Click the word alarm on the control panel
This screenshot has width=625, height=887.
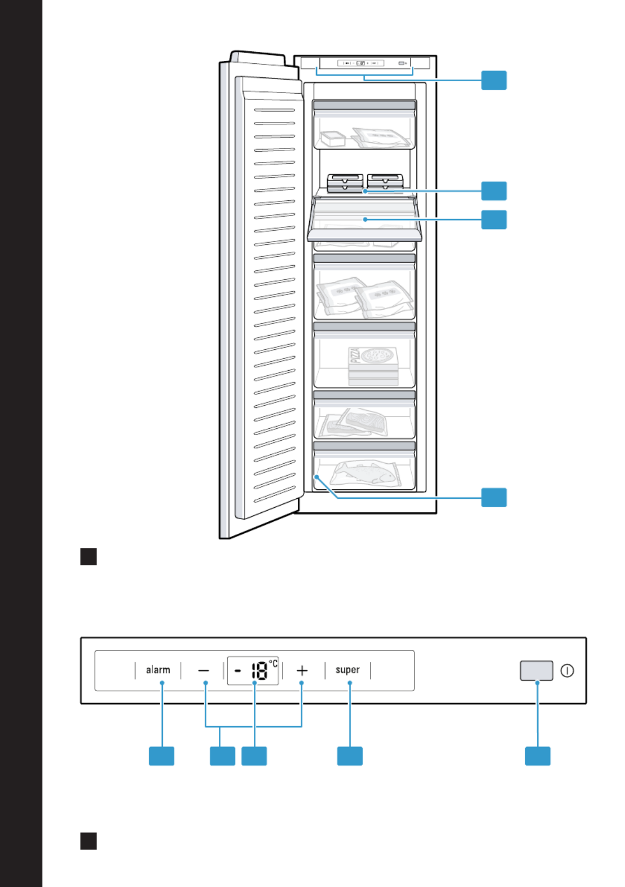pyautogui.click(x=158, y=670)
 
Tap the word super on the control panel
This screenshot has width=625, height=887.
pyautogui.click(x=347, y=670)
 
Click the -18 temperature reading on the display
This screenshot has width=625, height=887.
pyautogui.click(x=253, y=670)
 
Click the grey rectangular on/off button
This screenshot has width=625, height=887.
pyautogui.click(x=536, y=670)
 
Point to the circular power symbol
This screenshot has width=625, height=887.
pyautogui.click(x=567, y=671)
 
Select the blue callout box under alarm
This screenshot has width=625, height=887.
pyautogui.click(x=161, y=756)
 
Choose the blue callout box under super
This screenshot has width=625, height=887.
pyautogui.click(x=350, y=756)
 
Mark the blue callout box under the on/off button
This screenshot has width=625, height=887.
pyautogui.click(x=538, y=756)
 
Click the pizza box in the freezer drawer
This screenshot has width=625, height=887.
pyautogui.click(x=373, y=366)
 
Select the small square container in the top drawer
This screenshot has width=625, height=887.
pyautogui.click(x=332, y=139)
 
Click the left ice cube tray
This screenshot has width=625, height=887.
pyautogui.click(x=345, y=183)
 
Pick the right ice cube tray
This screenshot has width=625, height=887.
pyautogui.click(x=385, y=182)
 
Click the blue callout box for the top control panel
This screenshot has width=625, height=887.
pyautogui.click(x=494, y=80)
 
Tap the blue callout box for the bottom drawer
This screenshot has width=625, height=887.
pyautogui.click(x=494, y=497)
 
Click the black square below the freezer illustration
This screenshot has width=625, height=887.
pyautogui.click(x=88, y=556)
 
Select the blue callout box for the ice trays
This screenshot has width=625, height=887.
pyautogui.click(x=494, y=191)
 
